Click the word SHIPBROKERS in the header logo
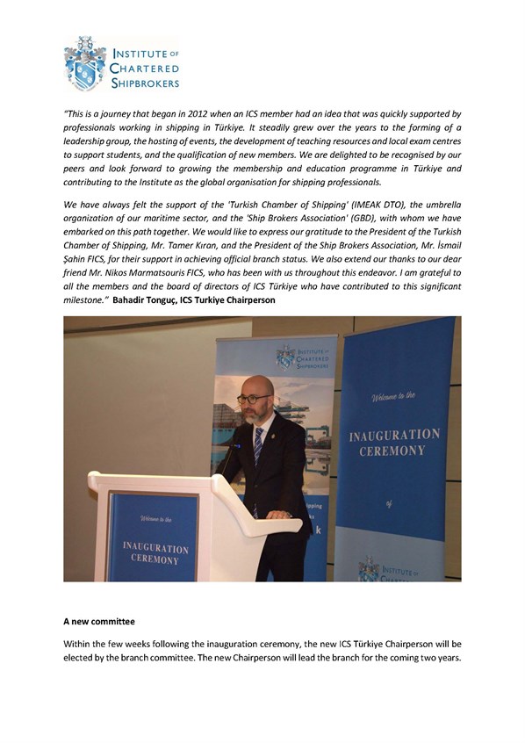click(x=145, y=83)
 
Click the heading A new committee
click(x=99, y=621)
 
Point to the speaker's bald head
click(x=256, y=384)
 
